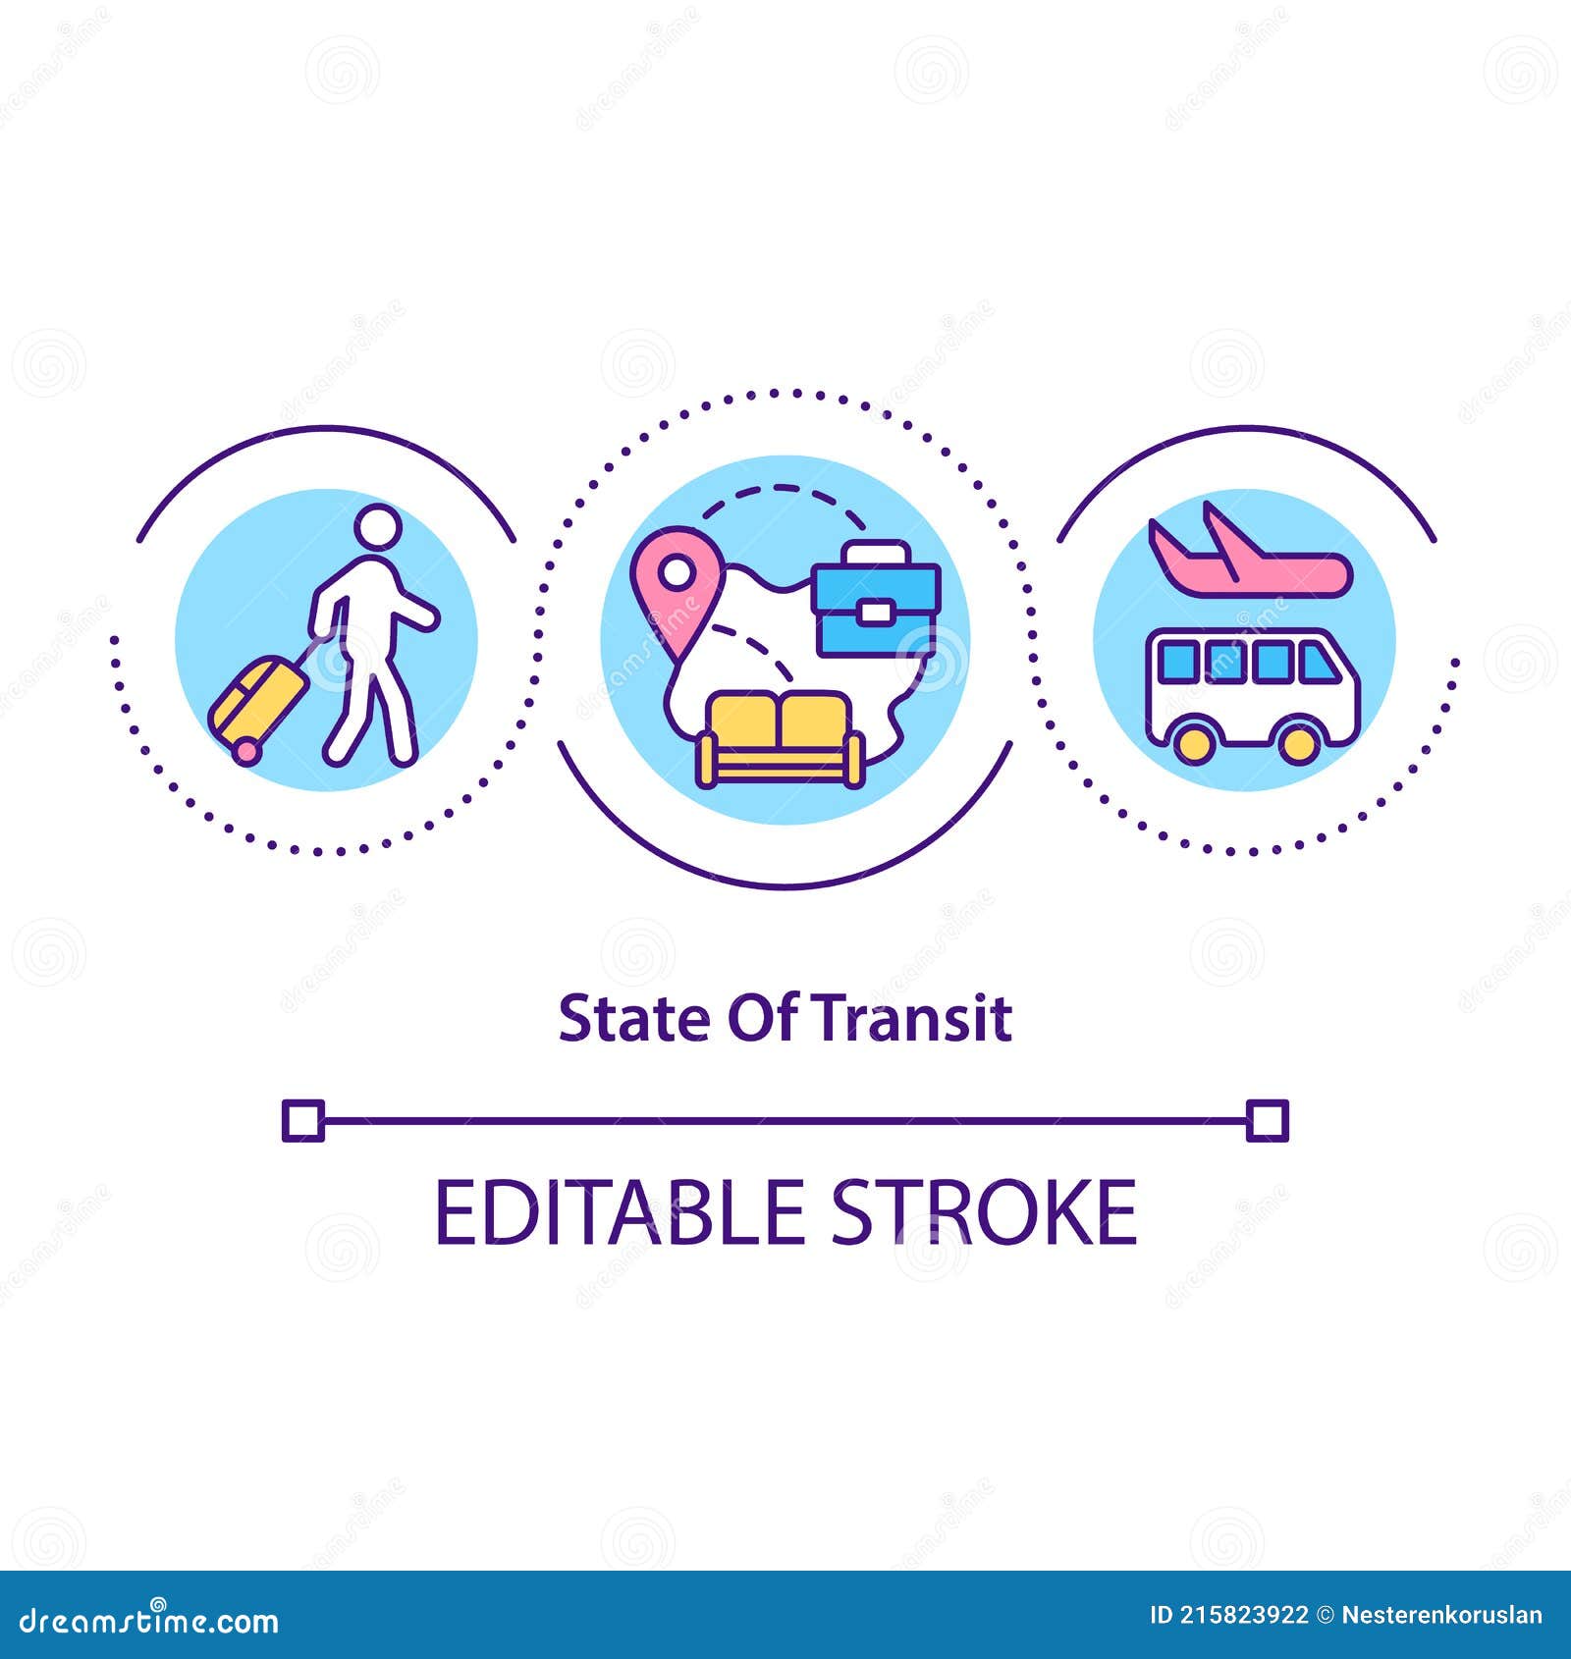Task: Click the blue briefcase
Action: pyautogui.click(x=877, y=609)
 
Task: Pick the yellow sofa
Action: pyautogui.click(x=781, y=738)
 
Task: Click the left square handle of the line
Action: pyautogui.click(x=302, y=1120)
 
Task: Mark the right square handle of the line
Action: pyautogui.click(x=1267, y=1120)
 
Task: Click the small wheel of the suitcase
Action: pyautogui.click(x=245, y=751)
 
